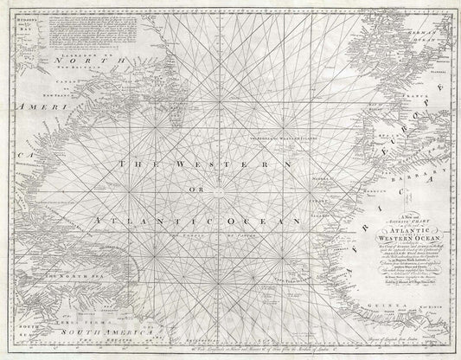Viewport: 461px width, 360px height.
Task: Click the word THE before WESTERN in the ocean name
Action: click(138, 164)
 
